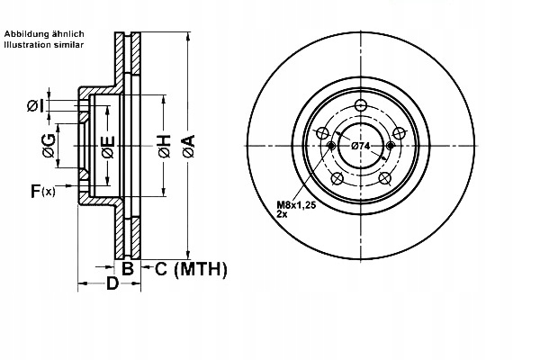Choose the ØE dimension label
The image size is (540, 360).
(x=106, y=148)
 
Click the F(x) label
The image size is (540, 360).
(x=42, y=191)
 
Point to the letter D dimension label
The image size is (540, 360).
(x=112, y=285)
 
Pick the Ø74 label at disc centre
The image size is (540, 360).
(x=361, y=146)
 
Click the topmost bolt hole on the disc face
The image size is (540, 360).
(x=361, y=105)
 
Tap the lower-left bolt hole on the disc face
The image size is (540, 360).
(x=337, y=178)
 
